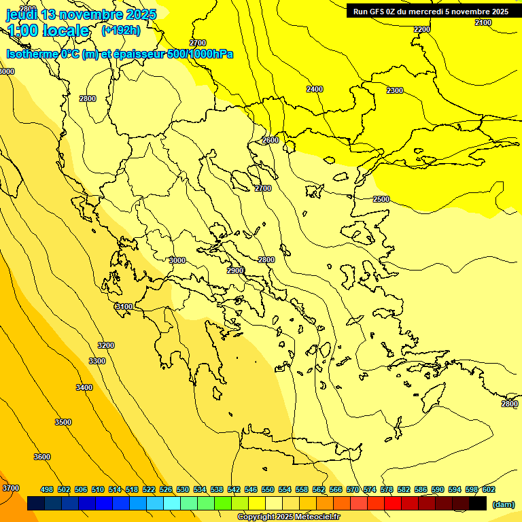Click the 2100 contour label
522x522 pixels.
tap(483, 22)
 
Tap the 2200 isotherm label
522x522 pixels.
tap(422, 29)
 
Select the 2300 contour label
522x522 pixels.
tap(394, 90)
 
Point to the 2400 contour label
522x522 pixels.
tap(315, 89)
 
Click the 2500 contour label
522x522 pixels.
tap(381, 199)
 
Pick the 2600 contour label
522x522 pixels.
tap(271, 140)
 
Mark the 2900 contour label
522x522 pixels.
tap(235, 271)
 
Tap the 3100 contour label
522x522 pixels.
tap(124, 307)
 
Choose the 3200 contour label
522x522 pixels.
tap(106, 345)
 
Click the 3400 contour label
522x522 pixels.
tap(84, 387)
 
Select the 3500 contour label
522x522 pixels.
tap(63, 422)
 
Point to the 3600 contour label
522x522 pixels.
tap(42, 457)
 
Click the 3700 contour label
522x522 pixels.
tap(11, 488)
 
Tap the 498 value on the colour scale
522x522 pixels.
tap(47, 489)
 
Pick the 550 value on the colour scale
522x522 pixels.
tap(268, 489)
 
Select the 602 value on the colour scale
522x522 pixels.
tap(489, 489)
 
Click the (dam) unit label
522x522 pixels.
tap(503, 504)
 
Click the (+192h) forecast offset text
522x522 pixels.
tap(120, 31)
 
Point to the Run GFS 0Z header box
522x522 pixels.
tap(431, 11)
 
